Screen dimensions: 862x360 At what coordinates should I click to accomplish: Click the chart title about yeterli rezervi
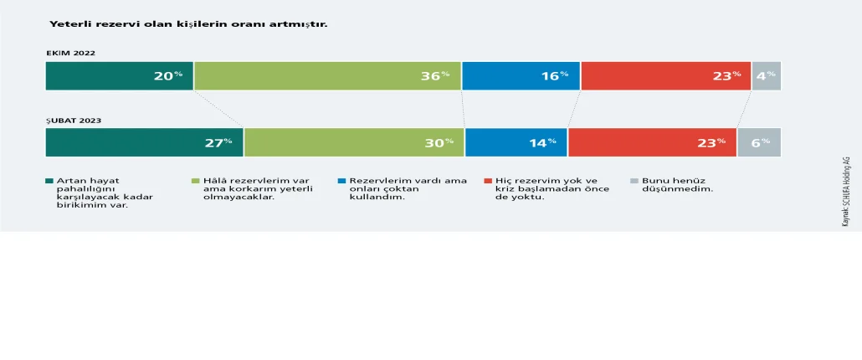(x=188, y=24)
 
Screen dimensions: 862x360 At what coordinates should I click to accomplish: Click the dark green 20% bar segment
(x=120, y=76)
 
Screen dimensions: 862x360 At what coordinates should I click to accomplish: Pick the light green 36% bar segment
(x=328, y=76)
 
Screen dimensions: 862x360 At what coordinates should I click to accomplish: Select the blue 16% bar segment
(x=521, y=76)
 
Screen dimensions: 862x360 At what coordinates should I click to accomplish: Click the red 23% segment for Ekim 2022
(x=665, y=76)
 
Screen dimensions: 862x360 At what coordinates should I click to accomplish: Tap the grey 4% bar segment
(x=767, y=76)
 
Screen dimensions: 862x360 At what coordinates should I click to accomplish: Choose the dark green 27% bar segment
(x=145, y=142)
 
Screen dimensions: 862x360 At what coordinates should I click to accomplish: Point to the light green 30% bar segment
(x=355, y=142)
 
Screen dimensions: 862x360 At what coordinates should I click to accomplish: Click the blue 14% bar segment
(x=516, y=142)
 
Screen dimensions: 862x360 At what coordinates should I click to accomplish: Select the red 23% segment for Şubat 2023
(x=653, y=142)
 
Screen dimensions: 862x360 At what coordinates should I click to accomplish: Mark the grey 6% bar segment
(x=759, y=142)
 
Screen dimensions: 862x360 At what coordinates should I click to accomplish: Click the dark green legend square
(x=49, y=180)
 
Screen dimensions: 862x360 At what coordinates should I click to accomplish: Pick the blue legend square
(x=342, y=180)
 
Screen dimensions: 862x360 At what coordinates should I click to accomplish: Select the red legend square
(x=488, y=180)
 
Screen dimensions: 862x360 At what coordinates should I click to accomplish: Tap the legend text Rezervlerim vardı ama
(x=408, y=180)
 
